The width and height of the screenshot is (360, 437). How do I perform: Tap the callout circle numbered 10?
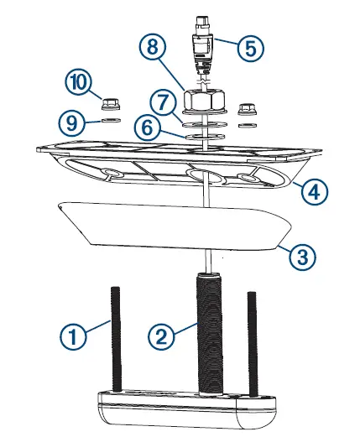(79, 83)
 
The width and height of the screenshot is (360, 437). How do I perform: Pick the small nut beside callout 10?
(109, 105)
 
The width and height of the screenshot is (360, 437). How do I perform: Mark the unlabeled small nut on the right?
(247, 109)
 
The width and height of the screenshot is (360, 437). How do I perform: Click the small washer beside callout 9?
(109, 121)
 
